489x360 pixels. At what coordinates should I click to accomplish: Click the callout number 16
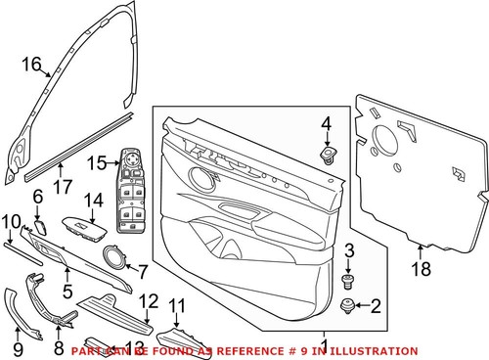pos(31,66)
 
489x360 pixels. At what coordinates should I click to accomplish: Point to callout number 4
pos(326,123)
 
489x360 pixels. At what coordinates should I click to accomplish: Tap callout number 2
pos(374,306)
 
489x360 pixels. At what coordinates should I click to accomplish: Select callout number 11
pos(177,304)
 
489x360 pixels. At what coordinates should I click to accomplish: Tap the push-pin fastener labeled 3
pos(346,282)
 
